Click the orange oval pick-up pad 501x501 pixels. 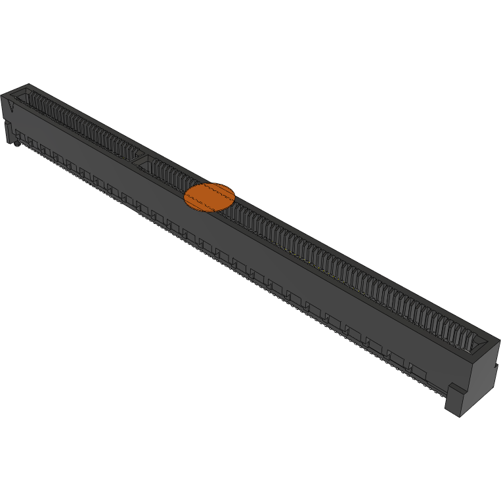click(209, 197)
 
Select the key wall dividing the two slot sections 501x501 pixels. click(142, 159)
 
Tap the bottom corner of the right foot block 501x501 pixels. click(463, 416)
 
